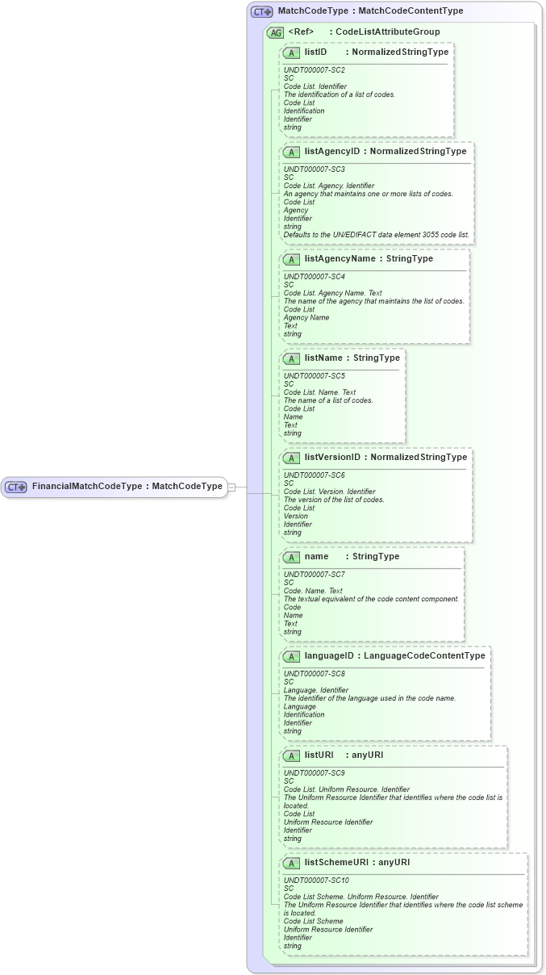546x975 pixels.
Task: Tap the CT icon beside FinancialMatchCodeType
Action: [x=16, y=487]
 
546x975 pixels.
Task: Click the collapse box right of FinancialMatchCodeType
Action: [x=231, y=487]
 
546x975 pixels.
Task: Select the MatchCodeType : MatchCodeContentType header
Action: [x=370, y=11]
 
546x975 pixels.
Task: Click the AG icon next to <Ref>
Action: [x=275, y=32]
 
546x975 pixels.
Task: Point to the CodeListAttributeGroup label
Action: [x=388, y=32]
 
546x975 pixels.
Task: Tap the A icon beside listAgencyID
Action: [x=292, y=152]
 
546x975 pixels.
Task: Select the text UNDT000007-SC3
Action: [x=315, y=169]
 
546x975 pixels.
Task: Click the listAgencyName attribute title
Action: [x=340, y=258]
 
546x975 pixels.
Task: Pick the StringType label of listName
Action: [x=377, y=358]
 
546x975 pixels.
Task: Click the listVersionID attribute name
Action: [x=332, y=457]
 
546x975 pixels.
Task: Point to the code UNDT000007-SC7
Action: [x=315, y=575]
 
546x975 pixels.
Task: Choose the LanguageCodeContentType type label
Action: [x=424, y=655]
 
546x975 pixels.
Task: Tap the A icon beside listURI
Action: [x=292, y=755]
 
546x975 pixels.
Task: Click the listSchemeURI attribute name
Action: [x=336, y=862]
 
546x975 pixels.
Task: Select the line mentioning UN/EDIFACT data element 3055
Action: [x=377, y=235]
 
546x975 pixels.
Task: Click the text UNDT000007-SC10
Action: [x=316, y=881]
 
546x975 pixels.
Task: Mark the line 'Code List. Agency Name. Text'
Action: [x=333, y=293]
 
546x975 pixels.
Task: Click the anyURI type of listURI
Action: [x=367, y=755]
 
